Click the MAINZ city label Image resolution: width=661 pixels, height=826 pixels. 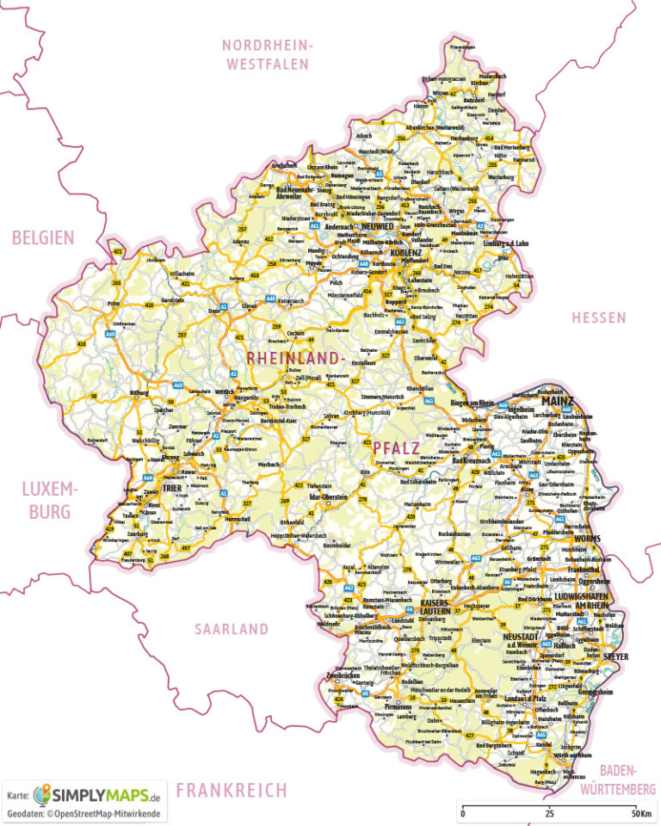559,399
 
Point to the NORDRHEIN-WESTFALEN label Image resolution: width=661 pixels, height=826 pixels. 269,54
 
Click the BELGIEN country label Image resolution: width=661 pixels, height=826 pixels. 43,237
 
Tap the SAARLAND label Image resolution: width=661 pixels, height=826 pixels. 231,629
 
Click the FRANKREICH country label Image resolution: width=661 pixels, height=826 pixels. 231,789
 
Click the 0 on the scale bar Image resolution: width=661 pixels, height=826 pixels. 463,813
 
